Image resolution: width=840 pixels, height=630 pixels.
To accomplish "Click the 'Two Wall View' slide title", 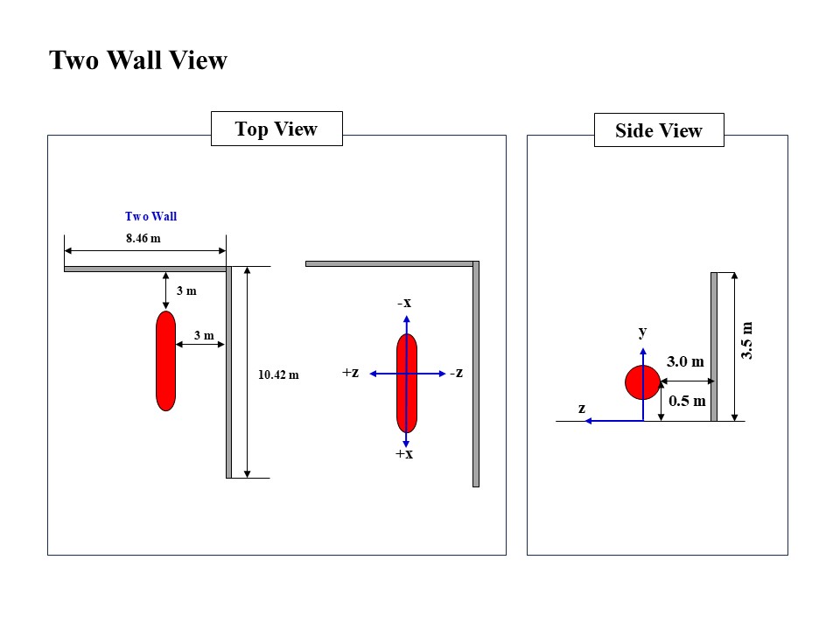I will pyautogui.click(x=138, y=60).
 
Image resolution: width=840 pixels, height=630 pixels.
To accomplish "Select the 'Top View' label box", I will pyautogui.click(x=276, y=129).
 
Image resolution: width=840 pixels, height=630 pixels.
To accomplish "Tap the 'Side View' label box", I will pyautogui.click(x=659, y=130).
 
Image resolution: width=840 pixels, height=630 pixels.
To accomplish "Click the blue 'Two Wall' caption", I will pyautogui.click(x=151, y=216).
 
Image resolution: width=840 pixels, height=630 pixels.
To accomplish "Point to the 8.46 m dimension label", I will pyautogui.click(x=144, y=237).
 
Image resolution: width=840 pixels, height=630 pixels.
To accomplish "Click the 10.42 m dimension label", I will pyautogui.click(x=278, y=374).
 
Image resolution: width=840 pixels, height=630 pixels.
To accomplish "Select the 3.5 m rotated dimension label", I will pyautogui.click(x=746, y=341).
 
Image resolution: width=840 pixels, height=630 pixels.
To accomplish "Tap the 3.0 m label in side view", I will pyautogui.click(x=685, y=361).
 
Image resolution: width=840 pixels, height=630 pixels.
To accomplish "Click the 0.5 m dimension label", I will pyautogui.click(x=687, y=402).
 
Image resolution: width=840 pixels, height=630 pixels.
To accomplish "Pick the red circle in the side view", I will pyautogui.click(x=642, y=382).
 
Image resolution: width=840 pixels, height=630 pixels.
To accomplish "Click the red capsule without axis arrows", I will pyautogui.click(x=165, y=360).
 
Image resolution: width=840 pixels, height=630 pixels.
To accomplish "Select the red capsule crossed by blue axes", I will pyautogui.click(x=407, y=383).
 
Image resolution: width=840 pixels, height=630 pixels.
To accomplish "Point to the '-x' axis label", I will pyautogui.click(x=404, y=303).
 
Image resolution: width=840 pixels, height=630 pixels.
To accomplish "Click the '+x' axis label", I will pyautogui.click(x=404, y=454).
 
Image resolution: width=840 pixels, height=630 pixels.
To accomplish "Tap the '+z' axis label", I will pyautogui.click(x=351, y=373).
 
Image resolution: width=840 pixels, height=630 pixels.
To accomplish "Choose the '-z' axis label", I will pyautogui.click(x=456, y=373).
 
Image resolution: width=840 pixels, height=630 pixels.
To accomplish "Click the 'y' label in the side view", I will pyautogui.click(x=642, y=332).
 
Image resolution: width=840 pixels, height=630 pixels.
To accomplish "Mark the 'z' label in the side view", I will pyautogui.click(x=581, y=408).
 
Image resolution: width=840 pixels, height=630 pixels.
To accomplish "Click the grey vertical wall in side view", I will pyautogui.click(x=714, y=346).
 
